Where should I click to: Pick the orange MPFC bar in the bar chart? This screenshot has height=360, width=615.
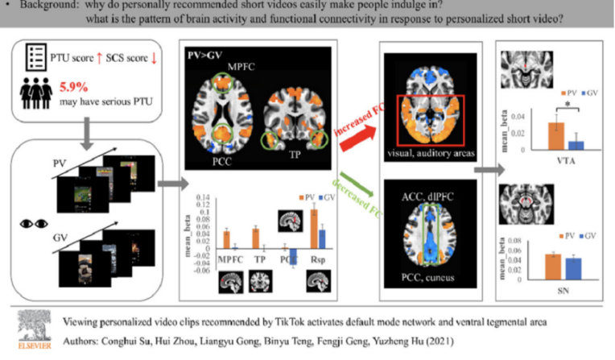(226, 238)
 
